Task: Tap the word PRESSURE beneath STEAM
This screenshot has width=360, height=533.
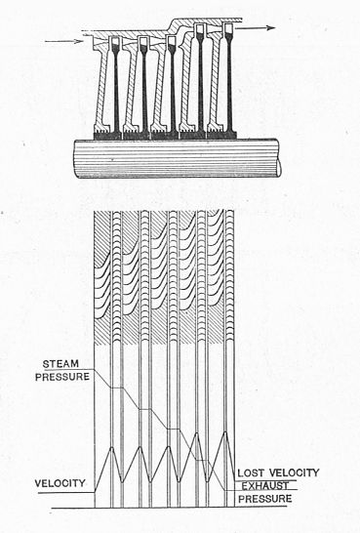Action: (60, 376)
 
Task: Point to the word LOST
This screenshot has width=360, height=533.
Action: (255, 472)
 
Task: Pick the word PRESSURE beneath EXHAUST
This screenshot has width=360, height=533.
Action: (265, 498)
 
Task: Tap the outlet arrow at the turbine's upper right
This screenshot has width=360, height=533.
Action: (260, 29)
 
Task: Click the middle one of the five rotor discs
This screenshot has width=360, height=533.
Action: (172, 88)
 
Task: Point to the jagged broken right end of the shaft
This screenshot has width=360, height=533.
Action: (278, 157)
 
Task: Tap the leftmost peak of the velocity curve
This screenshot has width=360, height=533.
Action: (113, 448)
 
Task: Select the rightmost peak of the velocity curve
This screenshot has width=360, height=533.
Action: (225, 448)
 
